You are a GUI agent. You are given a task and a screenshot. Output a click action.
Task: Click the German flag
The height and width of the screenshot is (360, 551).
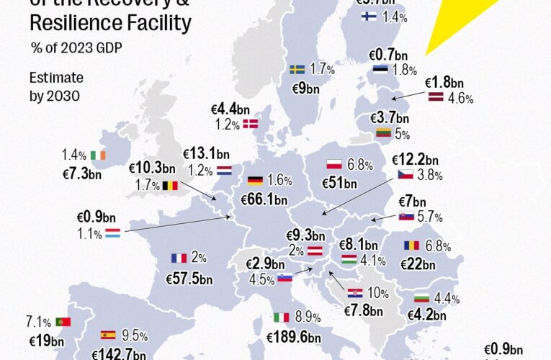click(255, 181)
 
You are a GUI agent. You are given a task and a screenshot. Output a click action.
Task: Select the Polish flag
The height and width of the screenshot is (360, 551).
click(333, 165)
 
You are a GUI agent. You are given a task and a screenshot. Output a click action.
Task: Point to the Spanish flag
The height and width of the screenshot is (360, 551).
click(108, 335)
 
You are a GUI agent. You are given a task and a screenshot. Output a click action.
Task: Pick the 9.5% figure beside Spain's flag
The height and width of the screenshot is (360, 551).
click(135, 335)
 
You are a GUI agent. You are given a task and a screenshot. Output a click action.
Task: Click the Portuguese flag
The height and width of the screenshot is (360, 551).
click(63, 322)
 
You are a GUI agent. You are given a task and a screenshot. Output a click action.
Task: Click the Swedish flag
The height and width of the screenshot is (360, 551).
click(297, 70)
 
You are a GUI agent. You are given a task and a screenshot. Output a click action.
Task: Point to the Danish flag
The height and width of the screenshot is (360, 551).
click(252, 124)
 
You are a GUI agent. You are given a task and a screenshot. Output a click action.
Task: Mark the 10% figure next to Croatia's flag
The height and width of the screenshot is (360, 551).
click(377, 293)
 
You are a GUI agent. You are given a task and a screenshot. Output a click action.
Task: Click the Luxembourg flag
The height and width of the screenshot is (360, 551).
click(112, 233)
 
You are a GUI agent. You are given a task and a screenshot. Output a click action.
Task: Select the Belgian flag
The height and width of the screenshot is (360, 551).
click(170, 186)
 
